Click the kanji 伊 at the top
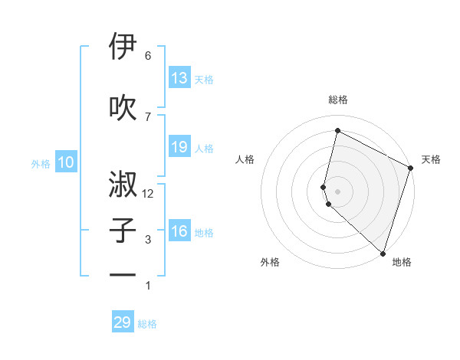coord(123,47)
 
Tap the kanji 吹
coord(123,108)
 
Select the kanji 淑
coord(123,185)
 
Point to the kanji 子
coord(123,231)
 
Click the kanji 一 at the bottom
coord(123,276)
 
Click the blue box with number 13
coord(179,78)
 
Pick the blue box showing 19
coord(179,147)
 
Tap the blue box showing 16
coord(179,231)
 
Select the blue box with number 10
coord(66,162)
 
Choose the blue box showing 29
coord(123,322)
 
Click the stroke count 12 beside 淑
coord(148,194)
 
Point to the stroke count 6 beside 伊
coord(148,56)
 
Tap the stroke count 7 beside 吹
coord(148,116)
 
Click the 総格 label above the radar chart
coord(338,100)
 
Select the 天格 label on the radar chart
coord(431,159)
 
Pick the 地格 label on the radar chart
coord(402,262)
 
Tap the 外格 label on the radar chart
coord(270,262)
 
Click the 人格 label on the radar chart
coord(245,159)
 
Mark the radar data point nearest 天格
coord(411,169)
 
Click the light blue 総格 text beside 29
coord(147,324)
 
